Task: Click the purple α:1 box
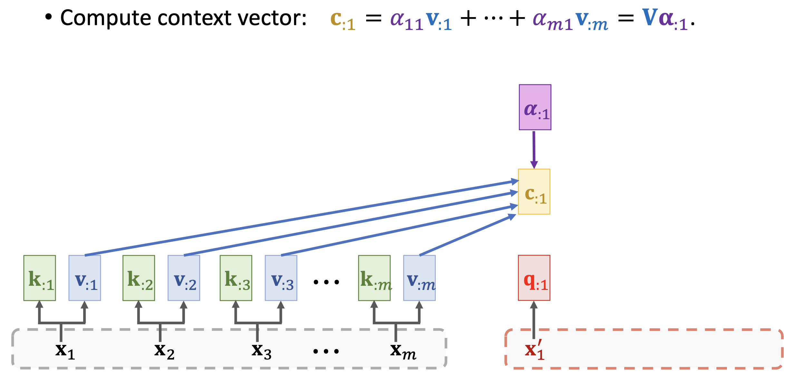pos(535,107)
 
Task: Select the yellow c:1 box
pos(534,192)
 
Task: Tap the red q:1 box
pos(534,278)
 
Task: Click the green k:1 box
pos(40,278)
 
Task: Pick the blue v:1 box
pos(85,278)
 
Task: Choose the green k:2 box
pos(139,278)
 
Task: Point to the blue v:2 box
pos(184,278)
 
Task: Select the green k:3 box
pos(236,278)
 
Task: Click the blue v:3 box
pos(281,278)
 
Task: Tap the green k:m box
pos(374,278)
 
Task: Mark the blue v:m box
pos(420,278)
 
